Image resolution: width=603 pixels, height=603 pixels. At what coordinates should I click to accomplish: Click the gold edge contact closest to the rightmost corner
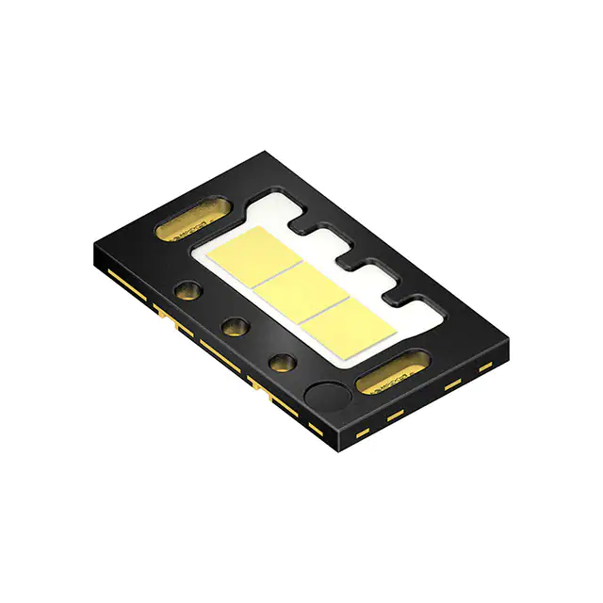pyautogui.click(x=485, y=365)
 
